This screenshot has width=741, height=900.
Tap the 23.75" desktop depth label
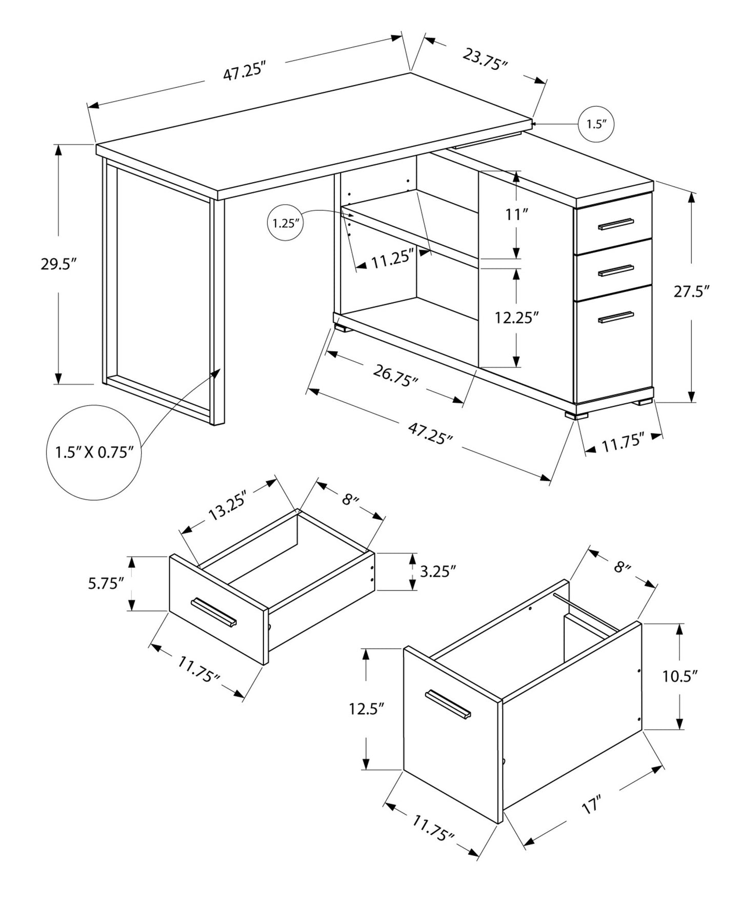click(x=485, y=60)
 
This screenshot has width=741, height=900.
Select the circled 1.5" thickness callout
click(x=596, y=124)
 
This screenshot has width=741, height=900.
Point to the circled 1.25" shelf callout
click(x=285, y=223)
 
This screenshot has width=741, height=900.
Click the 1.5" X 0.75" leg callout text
click(x=93, y=452)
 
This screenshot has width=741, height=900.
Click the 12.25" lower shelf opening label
click(x=516, y=318)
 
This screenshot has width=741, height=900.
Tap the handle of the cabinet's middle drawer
click(x=615, y=270)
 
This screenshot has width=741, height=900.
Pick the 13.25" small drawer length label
click(x=228, y=505)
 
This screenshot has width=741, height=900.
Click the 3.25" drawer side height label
click(x=437, y=571)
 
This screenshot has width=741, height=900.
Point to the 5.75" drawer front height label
click(x=106, y=583)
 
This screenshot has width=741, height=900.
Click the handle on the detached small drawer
click(x=214, y=612)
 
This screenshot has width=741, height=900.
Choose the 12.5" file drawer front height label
click(x=367, y=709)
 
